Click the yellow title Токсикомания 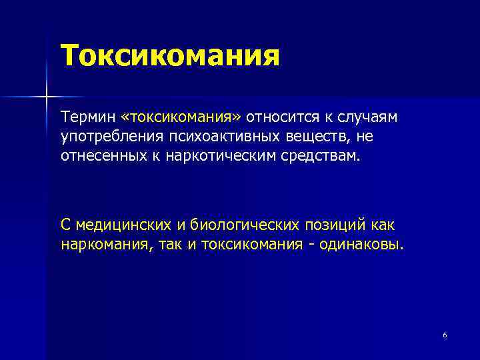click(169, 55)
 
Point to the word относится click(279, 118)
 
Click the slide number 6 click(445, 335)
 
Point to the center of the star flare click(46, 97)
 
